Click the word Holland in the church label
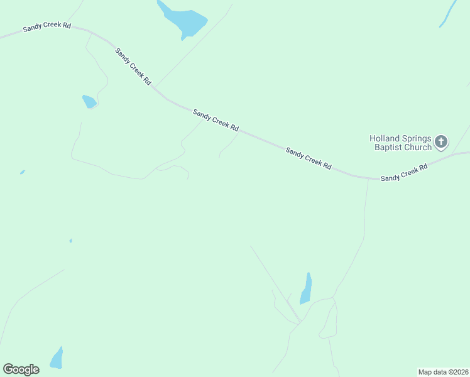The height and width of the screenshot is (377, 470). [383, 138]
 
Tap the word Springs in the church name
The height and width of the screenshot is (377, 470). [415, 138]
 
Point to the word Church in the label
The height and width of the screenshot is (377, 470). [417, 148]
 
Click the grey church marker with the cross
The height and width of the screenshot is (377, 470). [441, 142]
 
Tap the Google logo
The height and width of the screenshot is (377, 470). [21, 369]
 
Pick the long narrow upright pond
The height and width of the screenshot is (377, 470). [306, 288]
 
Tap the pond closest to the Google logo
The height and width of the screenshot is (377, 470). [57, 359]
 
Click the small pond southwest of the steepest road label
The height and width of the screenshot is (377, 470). [89, 101]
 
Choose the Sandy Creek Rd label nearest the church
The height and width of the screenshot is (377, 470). [404, 173]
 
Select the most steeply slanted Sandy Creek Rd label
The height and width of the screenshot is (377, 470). [133, 66]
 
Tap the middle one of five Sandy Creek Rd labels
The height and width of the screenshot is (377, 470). [216, 120]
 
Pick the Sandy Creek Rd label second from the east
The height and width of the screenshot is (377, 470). [309, 158]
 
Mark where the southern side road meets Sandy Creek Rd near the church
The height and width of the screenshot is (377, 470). [368, 178]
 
